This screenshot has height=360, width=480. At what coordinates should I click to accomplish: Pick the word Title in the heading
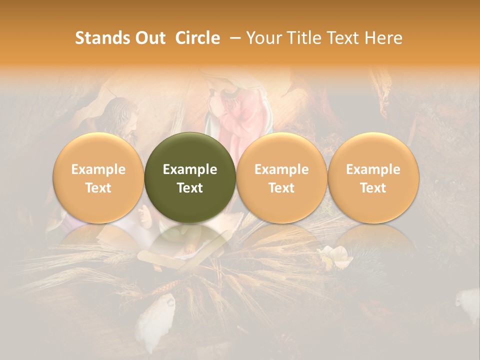point(305,38)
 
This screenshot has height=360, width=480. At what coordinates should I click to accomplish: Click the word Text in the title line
point(344,38)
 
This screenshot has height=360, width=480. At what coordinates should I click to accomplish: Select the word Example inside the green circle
point(190,169)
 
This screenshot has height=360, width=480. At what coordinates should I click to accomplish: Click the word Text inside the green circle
point(190,188)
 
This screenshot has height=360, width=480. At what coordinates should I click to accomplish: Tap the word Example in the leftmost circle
point(98,169)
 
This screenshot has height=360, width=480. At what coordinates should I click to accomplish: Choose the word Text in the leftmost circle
point(98,188)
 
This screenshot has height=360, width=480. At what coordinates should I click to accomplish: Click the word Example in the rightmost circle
point(373,169)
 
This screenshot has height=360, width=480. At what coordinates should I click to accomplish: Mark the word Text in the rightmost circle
point(373,188)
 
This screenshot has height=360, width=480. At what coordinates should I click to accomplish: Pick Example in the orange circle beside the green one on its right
point(281,169)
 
